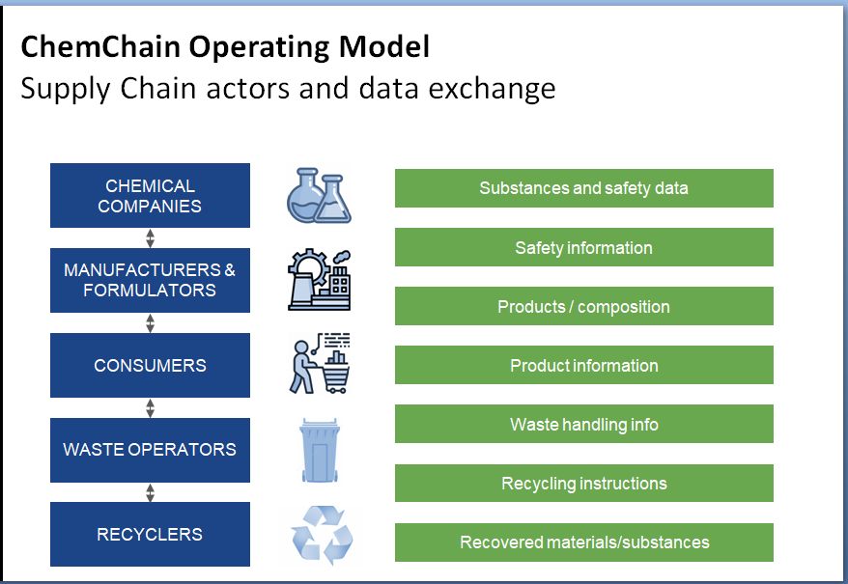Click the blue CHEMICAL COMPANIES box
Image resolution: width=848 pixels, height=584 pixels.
(x=150, y=195)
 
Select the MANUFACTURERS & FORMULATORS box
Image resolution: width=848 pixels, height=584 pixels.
(x=150, y=280)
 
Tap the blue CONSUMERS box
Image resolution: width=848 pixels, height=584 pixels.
(x=150, y=365)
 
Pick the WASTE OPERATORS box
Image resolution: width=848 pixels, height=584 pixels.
(x=150, y=450)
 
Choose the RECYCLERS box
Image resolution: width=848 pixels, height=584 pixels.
(x=150, y=534)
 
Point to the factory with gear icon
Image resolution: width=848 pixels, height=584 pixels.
(x=319, y=280)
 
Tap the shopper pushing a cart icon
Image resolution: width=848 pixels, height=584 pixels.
(x=319, y=364)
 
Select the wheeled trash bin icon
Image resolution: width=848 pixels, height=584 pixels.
(x=319, y=450)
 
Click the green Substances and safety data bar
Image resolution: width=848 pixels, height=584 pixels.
(x=583, y=188)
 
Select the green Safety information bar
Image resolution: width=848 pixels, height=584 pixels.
(x=583, y=247)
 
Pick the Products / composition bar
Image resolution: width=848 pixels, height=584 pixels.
(x=583, y=306)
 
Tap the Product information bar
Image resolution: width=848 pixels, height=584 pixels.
(x=583, y=365)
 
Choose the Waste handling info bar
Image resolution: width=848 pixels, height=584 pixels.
(x=583, y=424)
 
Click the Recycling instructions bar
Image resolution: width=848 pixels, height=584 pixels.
(x=583, y=483)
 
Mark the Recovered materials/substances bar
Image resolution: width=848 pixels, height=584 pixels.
(x=583, y=542)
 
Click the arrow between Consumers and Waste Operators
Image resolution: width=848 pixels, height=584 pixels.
(x=150, y=407)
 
